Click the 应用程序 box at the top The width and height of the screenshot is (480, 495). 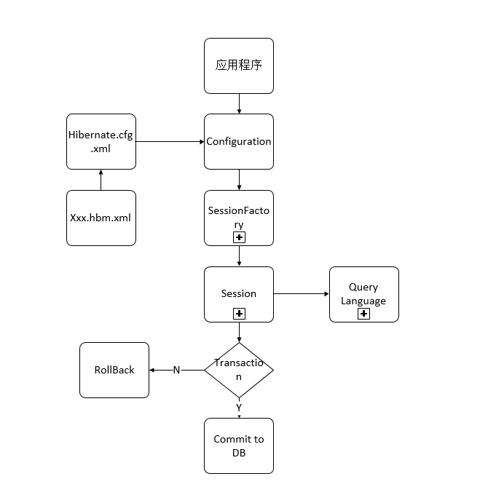(x=239, y=66)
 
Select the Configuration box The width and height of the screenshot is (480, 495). (x=239, y=141)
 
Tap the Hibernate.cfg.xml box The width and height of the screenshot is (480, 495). (x=101, y=141)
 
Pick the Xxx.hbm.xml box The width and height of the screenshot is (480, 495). (x=101, y=218)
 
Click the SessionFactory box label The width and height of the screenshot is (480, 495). (x=239, y=217)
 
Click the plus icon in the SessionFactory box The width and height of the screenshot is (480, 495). (x=239, y=237)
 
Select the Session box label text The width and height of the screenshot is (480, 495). (x=239, y=293)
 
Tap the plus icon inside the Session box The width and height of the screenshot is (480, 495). (x=239, y=314)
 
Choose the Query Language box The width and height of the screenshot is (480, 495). (x=364, y=293)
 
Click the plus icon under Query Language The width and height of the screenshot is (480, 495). (x=364, y=314)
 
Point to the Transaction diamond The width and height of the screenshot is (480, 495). (x=239, y=370)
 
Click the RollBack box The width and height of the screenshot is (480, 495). (x=114, y=370)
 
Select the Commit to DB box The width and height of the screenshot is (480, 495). (x=239, y=445)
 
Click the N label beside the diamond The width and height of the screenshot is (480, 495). (x=176, y=370)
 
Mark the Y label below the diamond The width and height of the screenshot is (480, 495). (x=239, y=408)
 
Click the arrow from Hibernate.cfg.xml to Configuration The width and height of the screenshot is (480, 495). (x=170, y=141)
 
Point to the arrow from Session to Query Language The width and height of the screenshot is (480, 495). (x=302, y=294)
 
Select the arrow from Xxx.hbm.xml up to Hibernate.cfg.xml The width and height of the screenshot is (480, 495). (x=101, y=180)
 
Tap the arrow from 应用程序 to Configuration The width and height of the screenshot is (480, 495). (x=239, y=103)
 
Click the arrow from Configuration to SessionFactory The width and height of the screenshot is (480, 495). (x=239, y=180)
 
